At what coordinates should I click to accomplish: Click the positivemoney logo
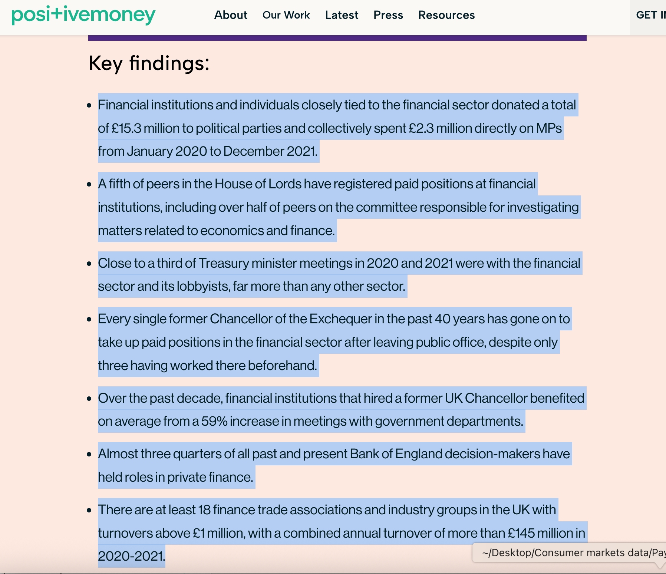[x=83, y=15]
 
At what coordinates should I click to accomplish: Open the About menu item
[x=231, y=15]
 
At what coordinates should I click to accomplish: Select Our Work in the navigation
[x=286, y=15]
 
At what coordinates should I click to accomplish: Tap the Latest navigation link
[x=342, y=15]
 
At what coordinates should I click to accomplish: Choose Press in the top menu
[x=388, y=15]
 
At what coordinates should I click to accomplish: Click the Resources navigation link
[x=446, y=15]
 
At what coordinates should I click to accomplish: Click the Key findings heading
[x=149, y=63]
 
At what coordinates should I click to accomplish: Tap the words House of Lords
[x=258, y=184]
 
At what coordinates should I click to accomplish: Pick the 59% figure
[x=214, y=421]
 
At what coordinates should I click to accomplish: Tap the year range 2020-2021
[x=131, y=556]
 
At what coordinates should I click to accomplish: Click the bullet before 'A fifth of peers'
[x=89, y=184]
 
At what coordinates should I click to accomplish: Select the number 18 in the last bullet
[x=204, y=510]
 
